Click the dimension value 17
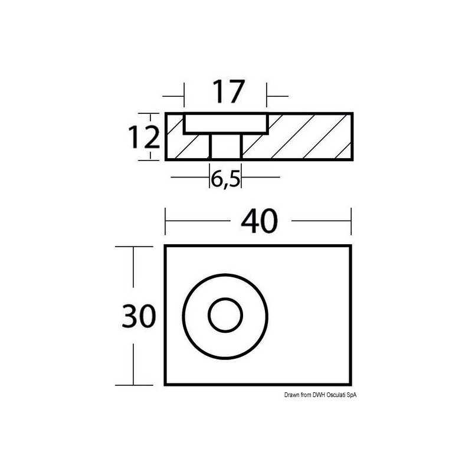click(x=227, y=92)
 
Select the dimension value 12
click(x=144, y=138)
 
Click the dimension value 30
click(x=139, y=316)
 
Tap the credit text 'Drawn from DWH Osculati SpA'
click(x=321, y=395)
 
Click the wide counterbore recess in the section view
click(x=225, y=123)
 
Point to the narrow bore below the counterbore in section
click(x=225, y=146)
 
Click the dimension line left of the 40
click(x=197, y=221)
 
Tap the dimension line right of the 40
click(x=322, y=221)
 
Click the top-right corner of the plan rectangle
click(x=351, y=245)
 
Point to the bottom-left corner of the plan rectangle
click(x=165, y=385)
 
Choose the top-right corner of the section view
click(x=352, y=113)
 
